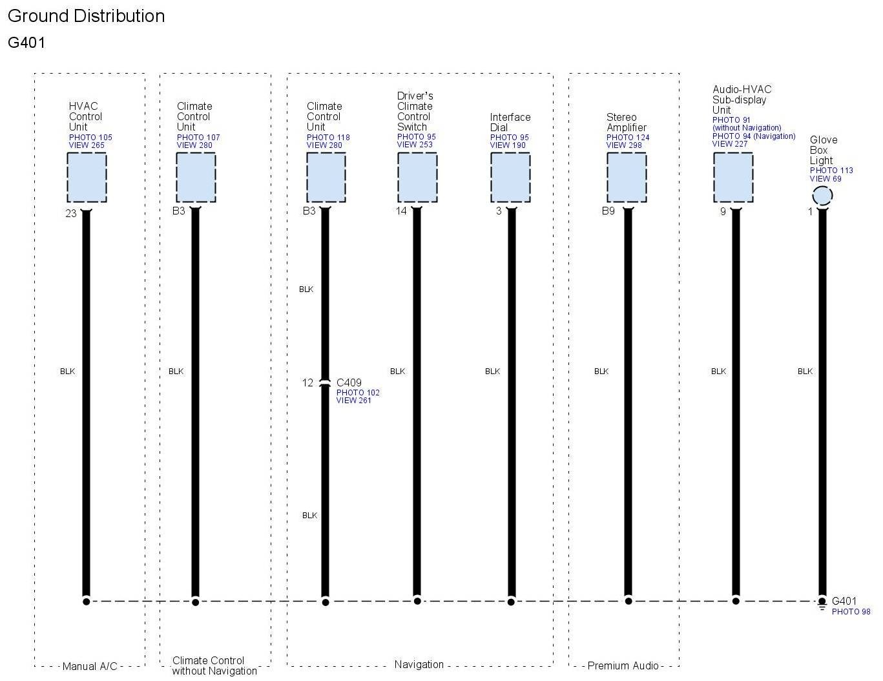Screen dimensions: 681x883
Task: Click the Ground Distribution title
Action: (86, 16)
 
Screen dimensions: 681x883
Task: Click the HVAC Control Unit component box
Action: (87, 178)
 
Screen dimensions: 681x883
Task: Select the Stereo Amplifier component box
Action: (626, 178)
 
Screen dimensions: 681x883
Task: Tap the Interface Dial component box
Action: (510, 178)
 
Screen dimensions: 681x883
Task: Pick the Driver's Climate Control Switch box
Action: (417, 178)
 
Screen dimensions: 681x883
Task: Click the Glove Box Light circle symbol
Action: (822, 196)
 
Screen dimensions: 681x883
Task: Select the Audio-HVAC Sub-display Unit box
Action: (732, 178)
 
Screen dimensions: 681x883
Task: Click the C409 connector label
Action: (349, 382)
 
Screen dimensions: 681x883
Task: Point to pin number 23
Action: (71, 213)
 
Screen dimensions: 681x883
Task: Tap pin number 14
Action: (401, 211)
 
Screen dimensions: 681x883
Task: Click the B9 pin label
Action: (608, 211)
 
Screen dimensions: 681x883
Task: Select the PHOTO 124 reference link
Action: (628, 138)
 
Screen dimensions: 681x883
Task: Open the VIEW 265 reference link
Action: (87, 145)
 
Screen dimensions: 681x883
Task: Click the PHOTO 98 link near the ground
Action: (851, 612)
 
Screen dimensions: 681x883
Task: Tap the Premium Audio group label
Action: (623, 665)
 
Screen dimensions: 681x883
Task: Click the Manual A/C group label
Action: (89, 666)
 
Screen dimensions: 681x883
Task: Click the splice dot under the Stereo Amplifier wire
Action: (628, 601)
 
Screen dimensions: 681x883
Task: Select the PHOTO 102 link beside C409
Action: (358, 393)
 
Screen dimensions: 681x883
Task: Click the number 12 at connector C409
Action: (307, 382)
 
